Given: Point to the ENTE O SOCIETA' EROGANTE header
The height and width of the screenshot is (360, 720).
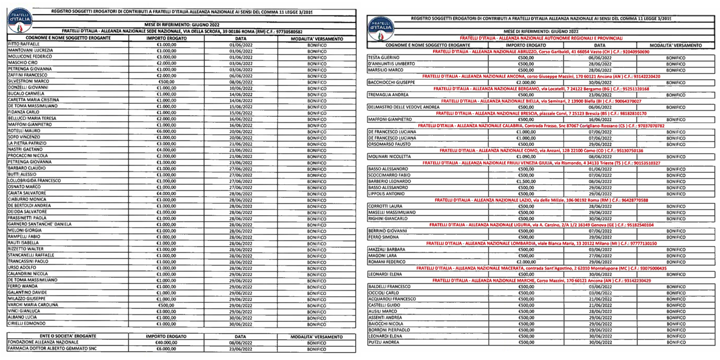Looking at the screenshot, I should coord(68,336).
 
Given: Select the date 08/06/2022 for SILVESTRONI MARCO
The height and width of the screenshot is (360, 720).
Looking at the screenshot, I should coord(240,81).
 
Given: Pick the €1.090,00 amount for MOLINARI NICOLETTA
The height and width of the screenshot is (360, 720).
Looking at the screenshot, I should coord(525,156).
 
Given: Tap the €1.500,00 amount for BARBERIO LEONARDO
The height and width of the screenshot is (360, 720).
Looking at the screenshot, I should coord(525,181).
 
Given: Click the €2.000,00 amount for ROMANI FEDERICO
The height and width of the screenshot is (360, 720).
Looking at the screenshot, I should coord(525,262).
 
